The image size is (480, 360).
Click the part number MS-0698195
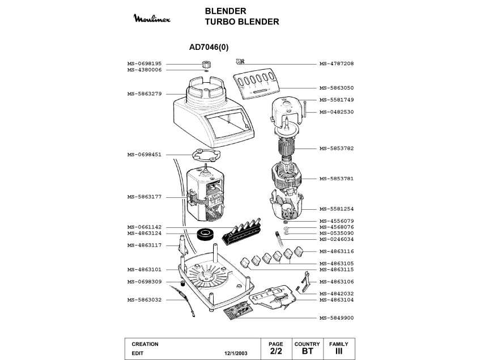click(x=145, y=63)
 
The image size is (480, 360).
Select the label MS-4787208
click(x=337, y=63)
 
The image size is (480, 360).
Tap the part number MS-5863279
click(x=145, y=94)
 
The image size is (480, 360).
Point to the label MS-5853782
click(x=337, y=149)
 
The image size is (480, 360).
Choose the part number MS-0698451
click(x=145, y=154)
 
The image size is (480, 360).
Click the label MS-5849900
click(x=337, y=318)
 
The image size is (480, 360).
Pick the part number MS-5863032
click(x=145, y=299)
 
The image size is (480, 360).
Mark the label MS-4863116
click(x=337, y=251)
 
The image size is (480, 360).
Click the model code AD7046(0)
click(x=209, y=48)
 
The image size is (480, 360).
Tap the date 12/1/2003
click(x=236, y=353)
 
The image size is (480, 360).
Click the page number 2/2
click(x=276, y=351)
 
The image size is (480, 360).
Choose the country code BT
click(x=307, y=351)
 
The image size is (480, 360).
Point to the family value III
click(x=339, y=351)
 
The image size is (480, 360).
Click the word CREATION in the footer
click(x=145, y=344)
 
